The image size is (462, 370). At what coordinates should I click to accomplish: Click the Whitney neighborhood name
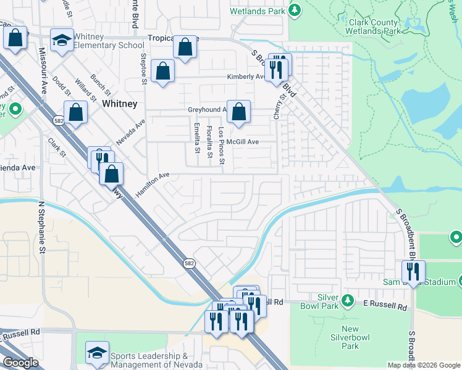tap(120, 104)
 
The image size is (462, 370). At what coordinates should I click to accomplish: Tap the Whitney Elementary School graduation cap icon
tap(61, 41)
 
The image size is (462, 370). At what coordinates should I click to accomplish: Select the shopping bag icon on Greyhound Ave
tap(238, 112)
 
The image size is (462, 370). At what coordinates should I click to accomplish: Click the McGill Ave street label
tap(242, 142)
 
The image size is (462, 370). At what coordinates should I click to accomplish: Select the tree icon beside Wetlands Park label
tap(295, 10)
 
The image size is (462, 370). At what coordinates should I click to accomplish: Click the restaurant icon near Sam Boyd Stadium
tap(413, 271)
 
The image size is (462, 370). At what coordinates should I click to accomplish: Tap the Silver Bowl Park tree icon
tap(348, 300)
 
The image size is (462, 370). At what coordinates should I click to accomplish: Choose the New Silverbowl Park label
tap(350, 337)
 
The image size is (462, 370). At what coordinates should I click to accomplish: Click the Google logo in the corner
tap(20, 363)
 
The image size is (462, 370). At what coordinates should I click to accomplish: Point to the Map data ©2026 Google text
tap(423, 365)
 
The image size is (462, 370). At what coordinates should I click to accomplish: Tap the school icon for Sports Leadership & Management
tap(97, 353)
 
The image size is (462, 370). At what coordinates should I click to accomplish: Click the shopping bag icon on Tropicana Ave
tap(185, 47)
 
